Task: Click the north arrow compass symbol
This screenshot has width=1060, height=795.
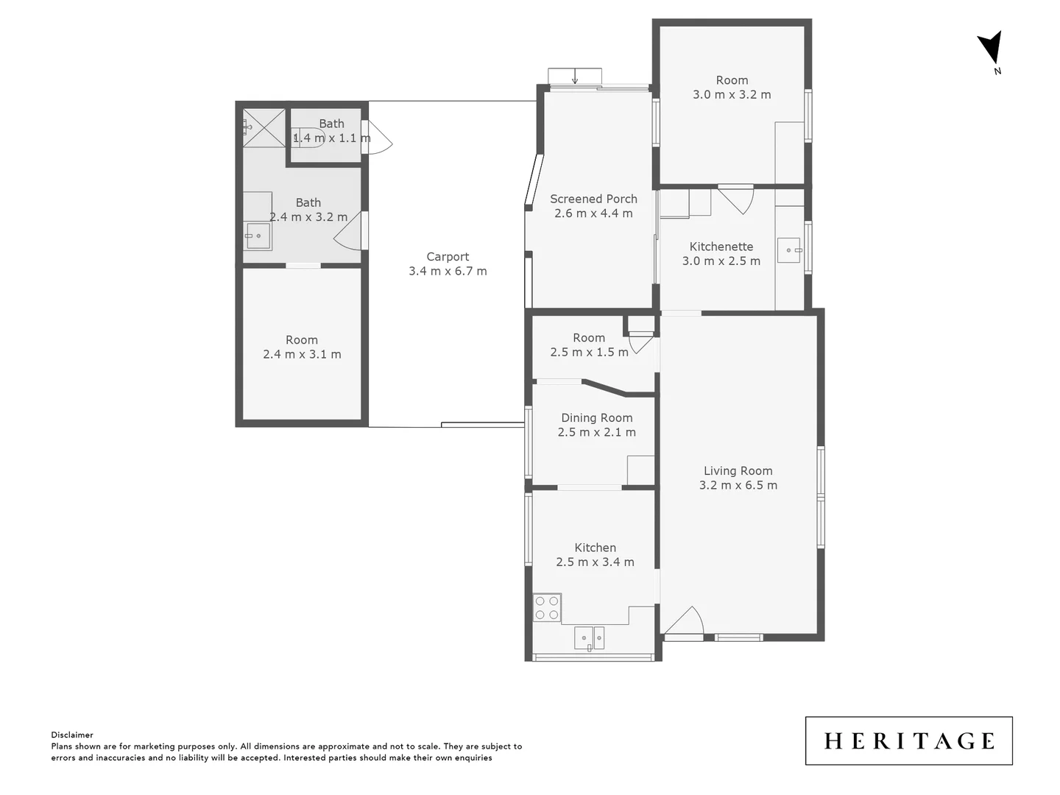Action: [x=991, y=49]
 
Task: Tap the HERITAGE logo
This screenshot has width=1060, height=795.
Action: [x=908, y=741]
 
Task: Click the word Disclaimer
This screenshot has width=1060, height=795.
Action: [x=72, y=735]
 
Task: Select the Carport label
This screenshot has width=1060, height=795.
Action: [x=448, y=257]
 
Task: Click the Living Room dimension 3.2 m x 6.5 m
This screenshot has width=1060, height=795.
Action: [x=738, y=485]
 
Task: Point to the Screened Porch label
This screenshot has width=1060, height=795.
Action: [x=593, y=199]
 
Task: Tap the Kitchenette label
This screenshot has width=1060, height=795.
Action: [x=721, y=247]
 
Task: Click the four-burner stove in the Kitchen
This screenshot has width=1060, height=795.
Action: [x=547, y=607]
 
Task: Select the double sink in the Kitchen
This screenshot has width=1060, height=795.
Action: [x=589, y=637]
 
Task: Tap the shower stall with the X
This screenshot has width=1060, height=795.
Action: [x=264, y=127]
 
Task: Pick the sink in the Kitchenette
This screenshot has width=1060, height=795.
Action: [x=789, y=250]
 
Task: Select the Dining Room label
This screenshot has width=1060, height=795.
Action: [x=596, y=418]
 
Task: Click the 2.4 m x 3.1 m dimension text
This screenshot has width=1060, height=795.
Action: [x=302, y=354]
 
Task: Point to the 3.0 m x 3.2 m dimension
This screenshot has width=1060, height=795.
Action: [x=732, y=94]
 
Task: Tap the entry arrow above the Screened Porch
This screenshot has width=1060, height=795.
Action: [x=575, y=77]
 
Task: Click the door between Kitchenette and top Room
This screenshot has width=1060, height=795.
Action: [x=736, y=197]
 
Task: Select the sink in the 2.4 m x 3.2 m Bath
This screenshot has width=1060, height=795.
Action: [x=258, y=236]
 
